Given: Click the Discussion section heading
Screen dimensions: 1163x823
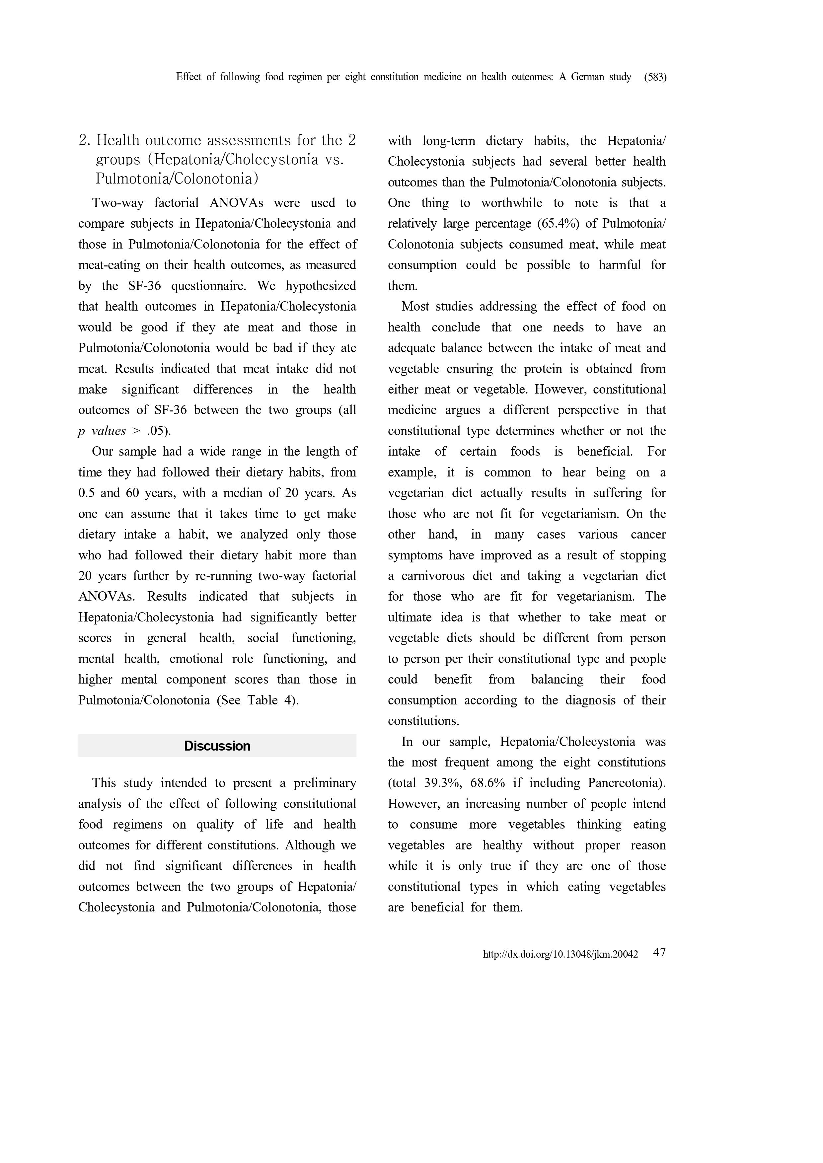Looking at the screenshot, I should click(217, 746).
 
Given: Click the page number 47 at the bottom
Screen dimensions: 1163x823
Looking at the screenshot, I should click(659, 952).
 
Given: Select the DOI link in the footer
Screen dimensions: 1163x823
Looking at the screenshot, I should click(561, 955).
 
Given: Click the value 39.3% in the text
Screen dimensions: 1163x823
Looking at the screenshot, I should click(442, 783).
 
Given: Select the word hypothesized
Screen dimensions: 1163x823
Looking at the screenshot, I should click(321, 286).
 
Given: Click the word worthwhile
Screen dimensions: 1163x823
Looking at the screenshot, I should click(511, 203).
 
